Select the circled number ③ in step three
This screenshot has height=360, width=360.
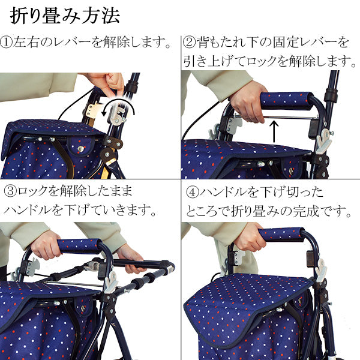pos(11,192)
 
